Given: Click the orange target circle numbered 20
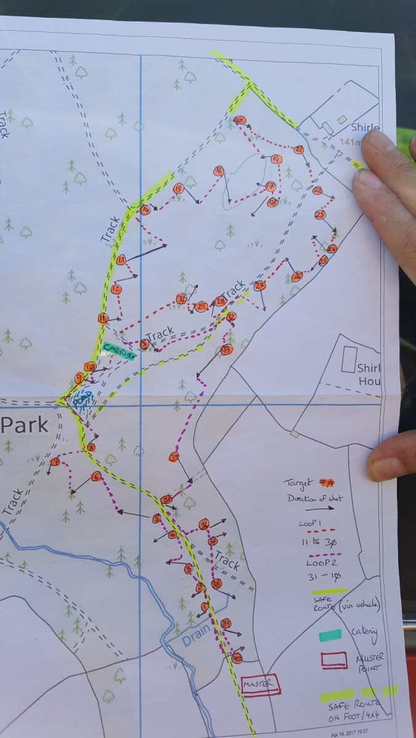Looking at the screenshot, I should [x=240, y=120].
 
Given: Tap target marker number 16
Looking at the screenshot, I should [x=218, y=170].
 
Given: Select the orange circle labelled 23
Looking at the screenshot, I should [x=319, y=215].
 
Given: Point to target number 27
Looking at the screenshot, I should [x=259, y=286].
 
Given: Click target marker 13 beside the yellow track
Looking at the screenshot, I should [x=121, y=260].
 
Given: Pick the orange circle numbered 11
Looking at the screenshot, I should [x=103, y=318].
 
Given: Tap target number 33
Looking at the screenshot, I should [x=226, y=350].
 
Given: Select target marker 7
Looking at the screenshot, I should [x=55, y=462].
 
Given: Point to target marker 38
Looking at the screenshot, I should [x=216, y=584].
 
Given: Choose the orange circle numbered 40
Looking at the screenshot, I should [x=237, y=659].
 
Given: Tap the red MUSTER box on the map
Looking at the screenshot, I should [x=259, y=684].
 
